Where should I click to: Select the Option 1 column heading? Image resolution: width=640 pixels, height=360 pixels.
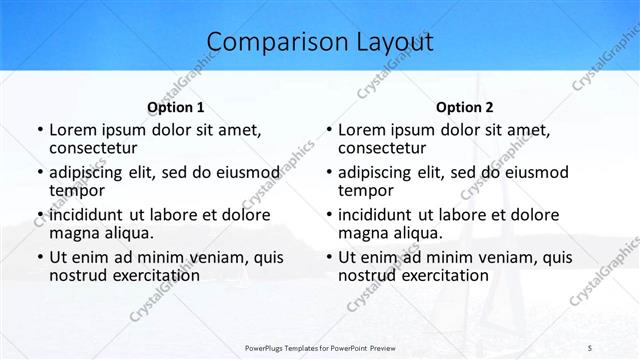[x=175, y=107]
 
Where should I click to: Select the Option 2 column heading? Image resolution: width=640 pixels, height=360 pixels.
[x=464, y=107]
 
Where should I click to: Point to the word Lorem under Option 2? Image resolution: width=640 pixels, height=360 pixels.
[x=362, y=130]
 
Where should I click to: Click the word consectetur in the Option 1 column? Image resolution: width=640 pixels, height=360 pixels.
[x=96, y=148]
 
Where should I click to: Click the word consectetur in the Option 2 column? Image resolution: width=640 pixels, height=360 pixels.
[x=385, y=148]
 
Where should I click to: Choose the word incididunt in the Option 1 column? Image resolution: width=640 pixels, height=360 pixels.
[x=87, y=215]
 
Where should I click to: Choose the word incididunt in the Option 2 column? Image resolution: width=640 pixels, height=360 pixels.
[x=376, y=215]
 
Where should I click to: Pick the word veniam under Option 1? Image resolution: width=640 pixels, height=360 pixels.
[x=218, y=257]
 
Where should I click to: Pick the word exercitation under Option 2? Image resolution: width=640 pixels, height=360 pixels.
[x=443, y=275]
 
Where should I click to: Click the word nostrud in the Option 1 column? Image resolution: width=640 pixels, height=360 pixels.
[x=78, y=275]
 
